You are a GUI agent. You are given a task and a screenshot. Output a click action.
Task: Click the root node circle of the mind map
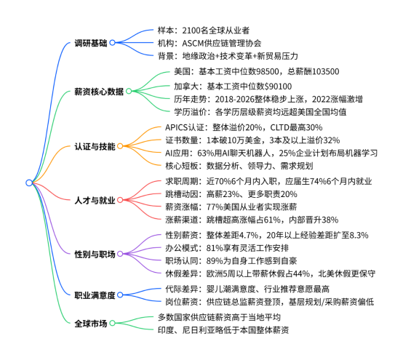click(x=29, y=183)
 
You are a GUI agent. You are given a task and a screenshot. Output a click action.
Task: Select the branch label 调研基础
click(x=90, y=43)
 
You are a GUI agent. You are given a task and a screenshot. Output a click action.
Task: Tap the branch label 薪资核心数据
click(x=99, y=92)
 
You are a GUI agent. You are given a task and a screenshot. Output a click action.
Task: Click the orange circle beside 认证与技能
click(x=120, y=146)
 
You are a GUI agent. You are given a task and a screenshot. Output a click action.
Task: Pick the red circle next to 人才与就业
click(x=120, y=200)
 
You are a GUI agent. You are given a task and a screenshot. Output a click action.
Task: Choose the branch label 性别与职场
click(x=95, y=254)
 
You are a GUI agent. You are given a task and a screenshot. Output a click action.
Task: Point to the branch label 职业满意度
click(x=95, y=295)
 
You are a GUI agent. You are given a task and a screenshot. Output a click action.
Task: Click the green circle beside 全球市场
click(x=112, y=323)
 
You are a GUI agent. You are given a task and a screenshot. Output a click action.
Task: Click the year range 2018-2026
click(x=233, y=99)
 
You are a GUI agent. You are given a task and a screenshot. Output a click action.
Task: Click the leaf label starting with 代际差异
click(x=247, y=289)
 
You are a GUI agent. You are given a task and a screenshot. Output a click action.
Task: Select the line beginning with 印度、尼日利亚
click(x=223, y=330)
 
